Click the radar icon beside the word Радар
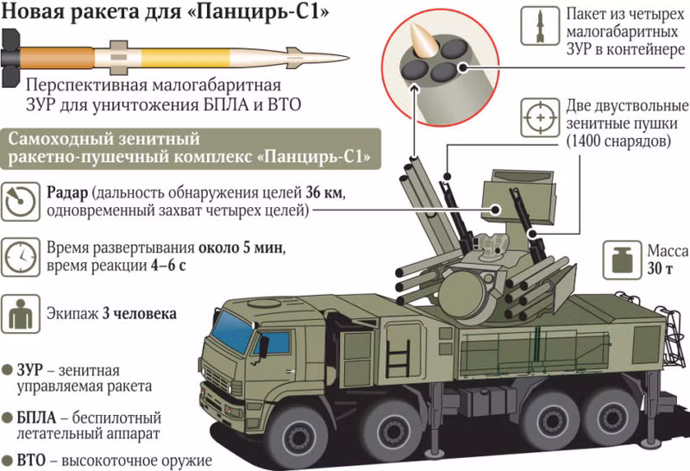pos(21,200)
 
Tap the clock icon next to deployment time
pos(21,256)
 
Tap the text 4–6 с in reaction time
pos(163,267)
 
